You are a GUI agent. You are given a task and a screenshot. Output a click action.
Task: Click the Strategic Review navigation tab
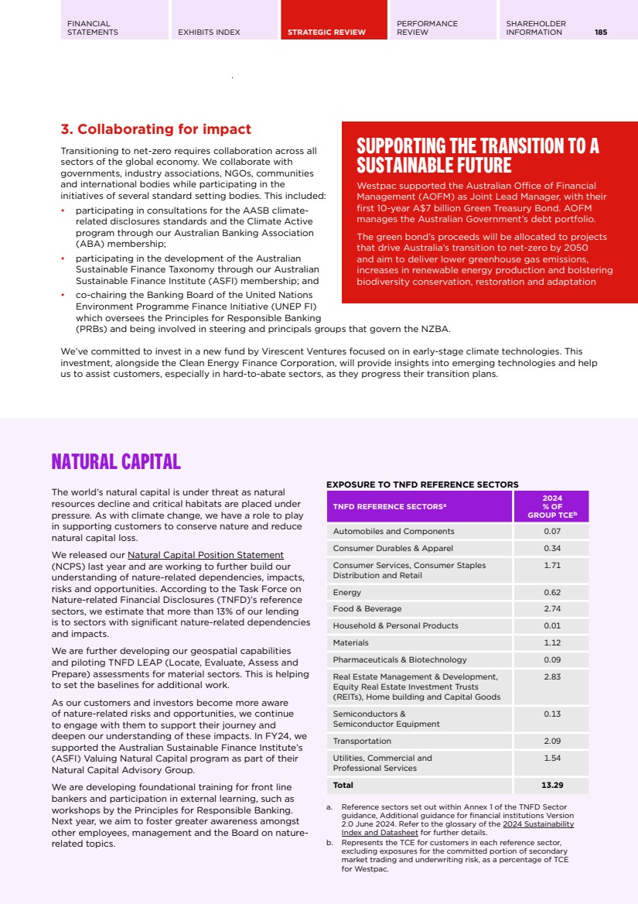[326, 33]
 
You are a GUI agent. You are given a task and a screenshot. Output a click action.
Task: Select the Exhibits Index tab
[209, 33]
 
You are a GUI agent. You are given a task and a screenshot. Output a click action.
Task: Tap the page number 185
[601, 33]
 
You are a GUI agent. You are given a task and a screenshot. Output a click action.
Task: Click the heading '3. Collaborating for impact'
[155, 129]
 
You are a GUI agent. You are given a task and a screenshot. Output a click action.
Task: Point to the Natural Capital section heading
[115, 462]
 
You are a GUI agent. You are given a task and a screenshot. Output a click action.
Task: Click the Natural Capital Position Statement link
[205, 555]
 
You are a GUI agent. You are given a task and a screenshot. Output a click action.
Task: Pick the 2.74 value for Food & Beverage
[551, 609]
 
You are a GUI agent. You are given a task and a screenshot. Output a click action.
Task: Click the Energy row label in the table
[346, 592]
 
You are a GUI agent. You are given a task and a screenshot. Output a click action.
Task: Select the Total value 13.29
[551, 785]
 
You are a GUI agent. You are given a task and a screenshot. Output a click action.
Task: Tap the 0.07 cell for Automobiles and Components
[551, 531]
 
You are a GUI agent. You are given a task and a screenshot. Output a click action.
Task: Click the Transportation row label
[362, 741]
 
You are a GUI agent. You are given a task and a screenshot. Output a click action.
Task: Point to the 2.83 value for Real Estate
[551, 676]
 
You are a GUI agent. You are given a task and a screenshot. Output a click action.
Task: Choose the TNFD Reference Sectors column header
[390, 507]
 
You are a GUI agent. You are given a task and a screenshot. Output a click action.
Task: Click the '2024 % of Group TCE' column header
[553, 507]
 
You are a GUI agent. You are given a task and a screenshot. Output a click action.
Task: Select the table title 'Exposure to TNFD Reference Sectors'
[422, 485]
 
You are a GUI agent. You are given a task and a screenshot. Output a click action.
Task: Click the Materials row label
[350, 642]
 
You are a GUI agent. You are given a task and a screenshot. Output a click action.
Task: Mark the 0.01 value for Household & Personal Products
[551, 625]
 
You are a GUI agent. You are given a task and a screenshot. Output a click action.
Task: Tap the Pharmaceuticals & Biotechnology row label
[400, 659]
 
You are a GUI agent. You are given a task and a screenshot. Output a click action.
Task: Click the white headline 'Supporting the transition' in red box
[478, 156]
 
